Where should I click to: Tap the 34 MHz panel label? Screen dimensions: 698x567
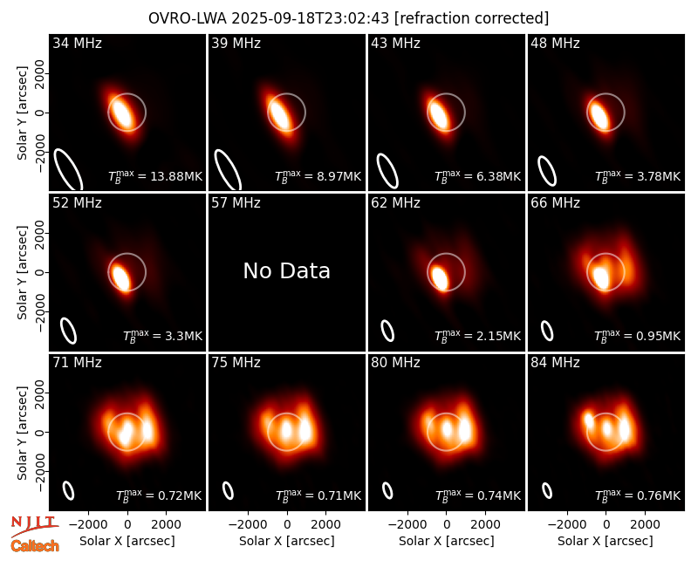tap(77, 43)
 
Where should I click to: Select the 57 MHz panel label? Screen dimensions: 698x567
tap(236, 203)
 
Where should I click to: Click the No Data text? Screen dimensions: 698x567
tap(287, 270)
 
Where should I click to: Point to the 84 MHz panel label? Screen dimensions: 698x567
tap(555, 363)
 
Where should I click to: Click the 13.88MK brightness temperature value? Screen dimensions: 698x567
tap(155, 176)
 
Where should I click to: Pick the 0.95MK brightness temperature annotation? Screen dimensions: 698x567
tap(638, 336)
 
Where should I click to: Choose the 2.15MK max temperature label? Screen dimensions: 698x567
tap(477, 336)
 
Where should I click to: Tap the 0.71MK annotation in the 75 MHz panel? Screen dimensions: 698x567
tap(318, 495)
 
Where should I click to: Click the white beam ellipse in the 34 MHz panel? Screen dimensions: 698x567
tap(68, 170)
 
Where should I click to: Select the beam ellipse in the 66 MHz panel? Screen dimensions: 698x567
tap(547, 331)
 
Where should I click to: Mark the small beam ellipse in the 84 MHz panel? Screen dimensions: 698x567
tap(547, 491)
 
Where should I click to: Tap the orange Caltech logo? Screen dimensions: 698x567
tap(35, 546)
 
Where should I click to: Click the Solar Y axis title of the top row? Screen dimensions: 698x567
tap(22, 113)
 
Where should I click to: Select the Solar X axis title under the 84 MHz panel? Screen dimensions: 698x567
tap(606, 541)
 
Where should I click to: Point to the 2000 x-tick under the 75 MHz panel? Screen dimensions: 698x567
tap(325, 524)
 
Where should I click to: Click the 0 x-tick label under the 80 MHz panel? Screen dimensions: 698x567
tap(447, 524)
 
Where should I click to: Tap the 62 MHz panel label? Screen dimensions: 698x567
tap(395, 203)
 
